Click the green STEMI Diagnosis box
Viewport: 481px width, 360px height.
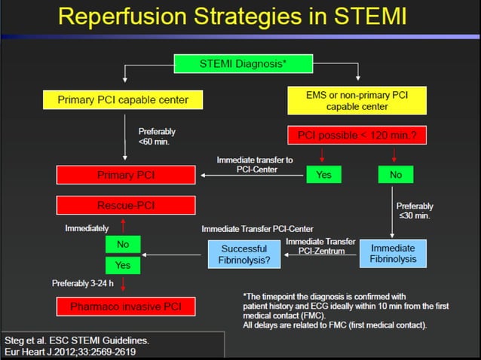tap(242, 64)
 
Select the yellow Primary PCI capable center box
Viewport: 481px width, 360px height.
tap(124, 99)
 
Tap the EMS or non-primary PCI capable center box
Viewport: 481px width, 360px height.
tap(357, 101)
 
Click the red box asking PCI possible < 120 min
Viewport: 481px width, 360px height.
tap(357, 136)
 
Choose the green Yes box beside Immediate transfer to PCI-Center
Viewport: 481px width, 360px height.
tap(323, 175)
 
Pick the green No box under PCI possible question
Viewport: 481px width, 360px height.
tap(396, 175)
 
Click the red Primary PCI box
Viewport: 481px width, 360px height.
tap(126, 175)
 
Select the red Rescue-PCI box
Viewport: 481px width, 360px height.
tap(126, 205)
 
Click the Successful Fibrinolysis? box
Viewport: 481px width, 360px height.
tap(244, 254)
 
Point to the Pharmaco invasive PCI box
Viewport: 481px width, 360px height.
tap(126, 307)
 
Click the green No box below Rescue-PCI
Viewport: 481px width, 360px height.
tap(123, 245)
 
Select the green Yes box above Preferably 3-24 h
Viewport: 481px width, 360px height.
tap(123, 264)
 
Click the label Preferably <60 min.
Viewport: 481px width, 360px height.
tap(157, 136)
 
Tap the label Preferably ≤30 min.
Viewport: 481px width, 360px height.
tap(414, 210)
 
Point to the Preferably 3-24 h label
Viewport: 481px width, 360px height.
tap(84, 283)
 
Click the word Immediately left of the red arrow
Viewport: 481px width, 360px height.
tap(87, 227)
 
